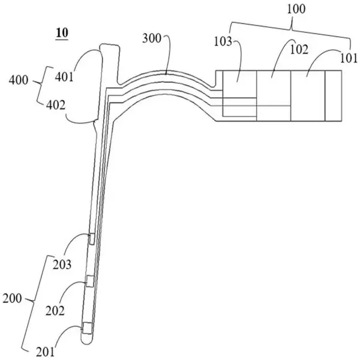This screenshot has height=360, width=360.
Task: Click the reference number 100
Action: pyautogui.click(x=296, y=9)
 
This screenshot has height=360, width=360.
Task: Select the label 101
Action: pyautogui.click(x=349, y=58)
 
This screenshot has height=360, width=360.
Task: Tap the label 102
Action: pyautogui.click(x=299, y=50)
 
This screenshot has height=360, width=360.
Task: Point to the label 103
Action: pyautogui.click(x=223, y=42)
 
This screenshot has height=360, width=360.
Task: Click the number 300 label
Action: pyautogui.click(x=152, y=38)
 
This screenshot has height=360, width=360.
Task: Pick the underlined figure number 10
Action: pyautogui.click(x=62, y=33)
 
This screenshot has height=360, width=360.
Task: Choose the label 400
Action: pyautogui.click(x=19, y=80)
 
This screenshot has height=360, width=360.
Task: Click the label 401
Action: pyautogui.click(x=64, y=77)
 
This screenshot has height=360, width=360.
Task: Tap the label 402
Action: pyautogui.click(x=56, y=106)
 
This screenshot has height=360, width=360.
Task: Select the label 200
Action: pyautogui.click(x=12, y=299)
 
